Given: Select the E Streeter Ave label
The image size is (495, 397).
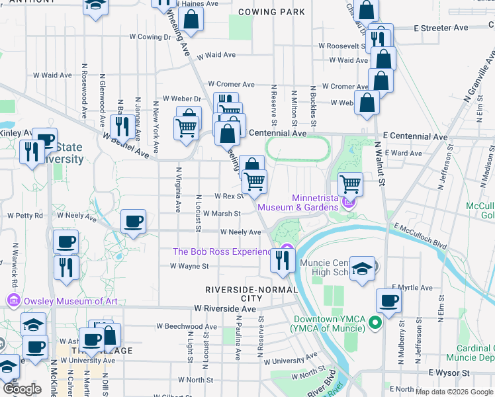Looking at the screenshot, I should pyautogui.click(x=441, y=28).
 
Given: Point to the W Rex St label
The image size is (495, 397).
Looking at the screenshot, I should pyautogui.click(x=229, y=196).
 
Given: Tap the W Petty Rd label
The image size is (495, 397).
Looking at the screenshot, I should pyautogui.click(x=25, y=216).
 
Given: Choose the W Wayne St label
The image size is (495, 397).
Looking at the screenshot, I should pyautogui.click(x=189, y=266).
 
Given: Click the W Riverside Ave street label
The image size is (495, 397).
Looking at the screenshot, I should pyautogui.click(x=225, y=309).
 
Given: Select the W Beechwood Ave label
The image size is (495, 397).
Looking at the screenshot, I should pyautogui.click(x=187, y=327).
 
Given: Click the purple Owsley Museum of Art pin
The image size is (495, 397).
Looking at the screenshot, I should pyautogui.click(x=13, y=301).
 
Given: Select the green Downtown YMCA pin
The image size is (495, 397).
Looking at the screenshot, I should pyautogui.click(x=375, y=324).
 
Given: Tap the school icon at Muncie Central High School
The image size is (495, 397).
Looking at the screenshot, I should pyautogui.click(x=362, y=269).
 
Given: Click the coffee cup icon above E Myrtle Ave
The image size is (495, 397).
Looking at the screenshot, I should pyautogui.click(x=388, y=301).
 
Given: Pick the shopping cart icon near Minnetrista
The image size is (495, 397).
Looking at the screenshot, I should pyautogui.click(x=350, y=183).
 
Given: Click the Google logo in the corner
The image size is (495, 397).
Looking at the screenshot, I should pyautogui.click(x=22, y=389).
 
